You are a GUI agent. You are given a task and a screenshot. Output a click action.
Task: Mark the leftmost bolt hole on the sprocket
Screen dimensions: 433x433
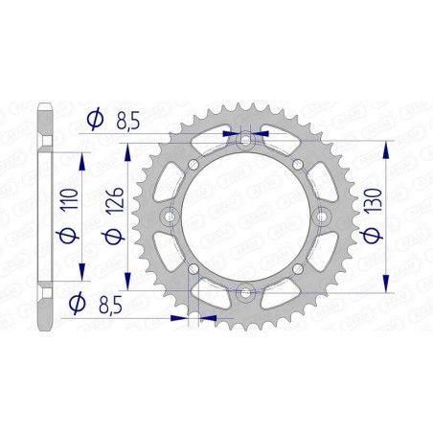pos(171,216)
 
